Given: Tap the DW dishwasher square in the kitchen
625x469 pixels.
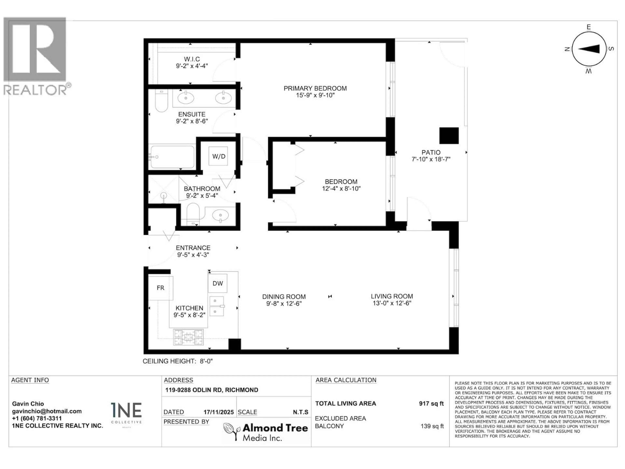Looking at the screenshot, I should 218,283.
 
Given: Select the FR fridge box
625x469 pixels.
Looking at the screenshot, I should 160,288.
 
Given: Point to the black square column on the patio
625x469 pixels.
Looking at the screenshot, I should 449,136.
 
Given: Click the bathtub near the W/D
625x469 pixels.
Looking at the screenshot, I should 172,157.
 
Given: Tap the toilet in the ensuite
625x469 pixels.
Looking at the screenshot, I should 161,101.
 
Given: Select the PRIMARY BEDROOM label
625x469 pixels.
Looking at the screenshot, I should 315,88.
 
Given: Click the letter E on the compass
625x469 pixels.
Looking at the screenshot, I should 589,27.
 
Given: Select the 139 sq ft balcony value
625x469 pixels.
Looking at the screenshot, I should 432,426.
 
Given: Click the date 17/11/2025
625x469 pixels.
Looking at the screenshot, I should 218,412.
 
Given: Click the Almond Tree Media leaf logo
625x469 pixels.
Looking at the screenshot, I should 231,431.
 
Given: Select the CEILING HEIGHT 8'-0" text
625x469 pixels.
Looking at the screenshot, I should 177,361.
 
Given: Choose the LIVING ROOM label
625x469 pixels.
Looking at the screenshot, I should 392,296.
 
